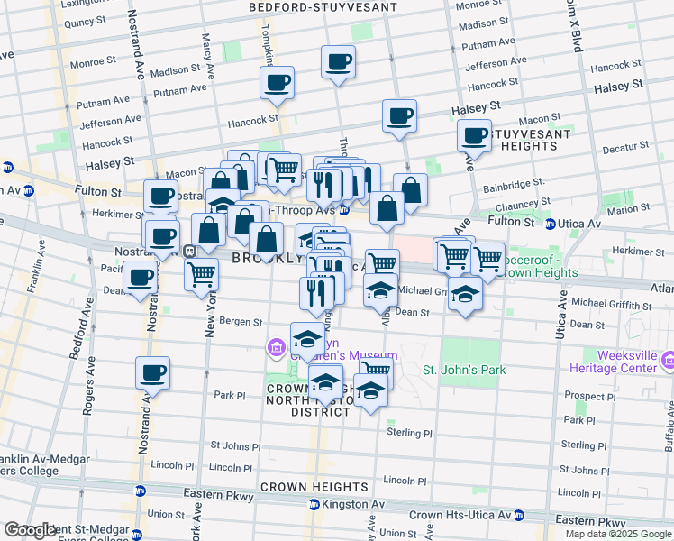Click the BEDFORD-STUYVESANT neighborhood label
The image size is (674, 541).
[323, 7]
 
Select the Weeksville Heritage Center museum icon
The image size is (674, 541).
[668, 362]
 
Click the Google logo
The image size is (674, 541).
[29, 531]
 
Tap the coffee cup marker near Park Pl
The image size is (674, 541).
[152, 372]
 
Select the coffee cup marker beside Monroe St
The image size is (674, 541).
[339, 62]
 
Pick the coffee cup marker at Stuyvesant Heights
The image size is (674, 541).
[474, 136]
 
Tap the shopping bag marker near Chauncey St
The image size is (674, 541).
[410, 189]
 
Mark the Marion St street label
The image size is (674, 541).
[627, 209]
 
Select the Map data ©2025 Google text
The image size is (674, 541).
[617, 534]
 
